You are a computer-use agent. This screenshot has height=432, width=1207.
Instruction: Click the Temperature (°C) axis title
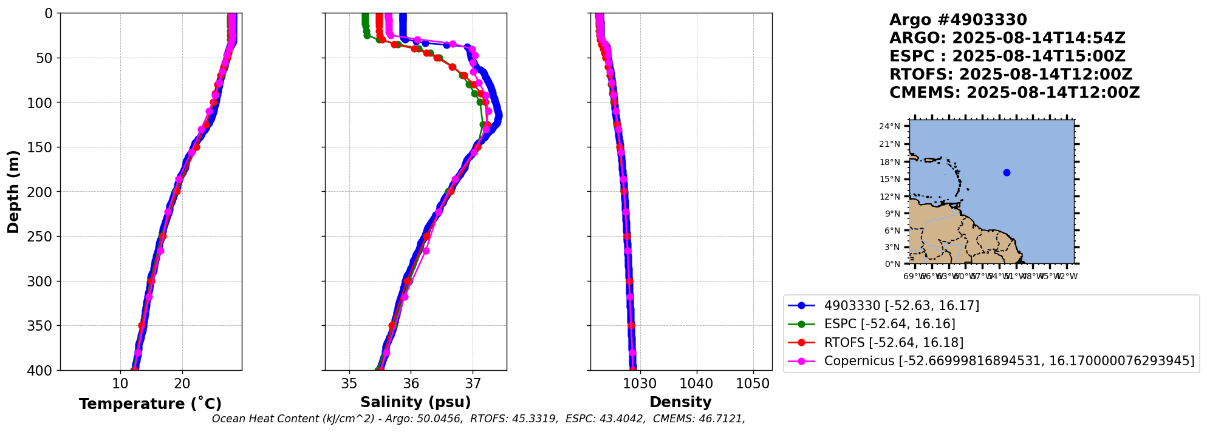coord(150,404)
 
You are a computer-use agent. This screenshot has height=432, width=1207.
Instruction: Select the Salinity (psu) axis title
coord(415,402)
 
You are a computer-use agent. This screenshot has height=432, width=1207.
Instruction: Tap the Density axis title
coord(680,402)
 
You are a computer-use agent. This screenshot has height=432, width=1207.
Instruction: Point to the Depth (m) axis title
coord(13,192)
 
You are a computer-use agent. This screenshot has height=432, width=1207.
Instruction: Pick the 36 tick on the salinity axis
coord(411,383)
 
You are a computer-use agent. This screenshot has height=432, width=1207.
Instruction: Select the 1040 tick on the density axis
coord(696,383)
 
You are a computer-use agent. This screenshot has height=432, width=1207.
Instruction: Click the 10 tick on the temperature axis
coord(120,383)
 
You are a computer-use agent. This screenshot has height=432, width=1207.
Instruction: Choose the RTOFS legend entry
coord(894,343)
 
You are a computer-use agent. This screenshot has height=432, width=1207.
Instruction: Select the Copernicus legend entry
coord(1008,361)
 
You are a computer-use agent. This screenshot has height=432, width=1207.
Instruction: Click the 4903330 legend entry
coord(901,306)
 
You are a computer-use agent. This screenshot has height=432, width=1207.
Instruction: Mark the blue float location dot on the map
coord(1007,173)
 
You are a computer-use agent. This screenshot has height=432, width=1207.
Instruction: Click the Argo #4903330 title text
coord(958,20)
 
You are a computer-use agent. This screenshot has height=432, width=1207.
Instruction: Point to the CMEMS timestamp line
coord(1014,93)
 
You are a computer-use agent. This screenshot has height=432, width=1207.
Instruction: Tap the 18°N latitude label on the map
coord(889,162)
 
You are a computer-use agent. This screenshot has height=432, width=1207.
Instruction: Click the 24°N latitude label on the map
coord(889,126)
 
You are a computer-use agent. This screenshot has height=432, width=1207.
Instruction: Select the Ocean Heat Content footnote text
coord(478,419)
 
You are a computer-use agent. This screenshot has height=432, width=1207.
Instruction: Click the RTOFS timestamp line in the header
coord(1011,75)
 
